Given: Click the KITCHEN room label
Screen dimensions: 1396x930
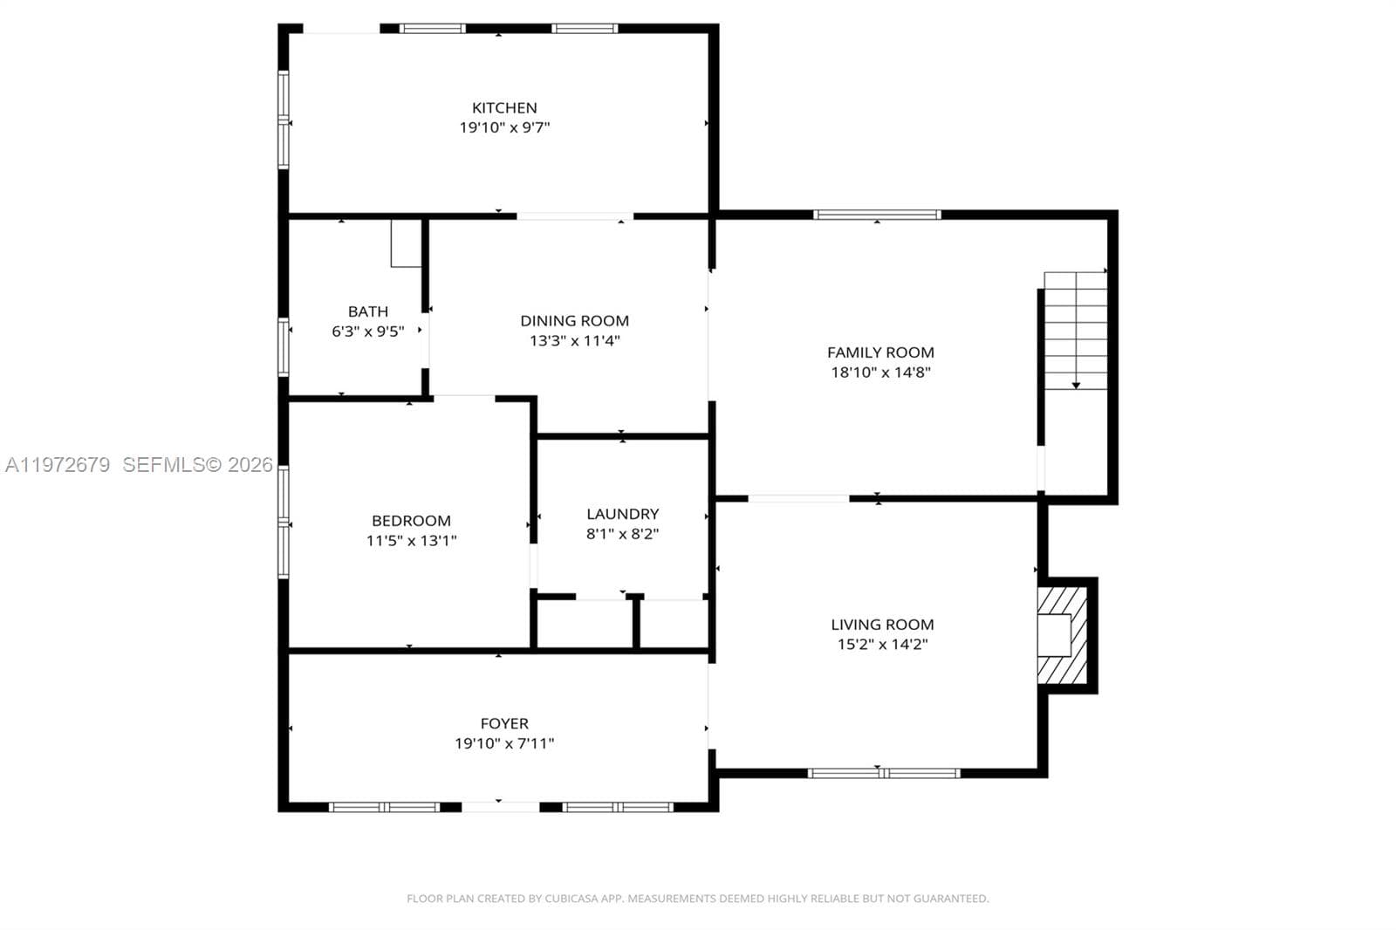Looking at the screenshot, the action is tap(504, 108).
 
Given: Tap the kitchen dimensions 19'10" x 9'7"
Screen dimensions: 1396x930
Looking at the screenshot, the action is tap(505, 127).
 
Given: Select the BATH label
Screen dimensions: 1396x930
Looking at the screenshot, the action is tap(367, 311).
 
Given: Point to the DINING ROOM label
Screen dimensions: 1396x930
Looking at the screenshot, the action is tap(575, 321).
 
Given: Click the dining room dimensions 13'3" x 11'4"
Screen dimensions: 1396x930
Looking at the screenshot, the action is tap(575, 341).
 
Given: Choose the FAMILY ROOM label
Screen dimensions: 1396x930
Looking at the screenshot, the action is tap(880, 352).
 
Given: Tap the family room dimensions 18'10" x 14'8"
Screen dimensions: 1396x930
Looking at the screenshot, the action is tap(880, 373).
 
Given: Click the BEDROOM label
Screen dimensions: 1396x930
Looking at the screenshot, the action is tap(411, 521).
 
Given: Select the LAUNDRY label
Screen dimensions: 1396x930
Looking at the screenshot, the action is tap(623, 514).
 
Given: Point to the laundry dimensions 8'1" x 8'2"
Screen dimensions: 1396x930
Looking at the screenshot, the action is tap(623, 534).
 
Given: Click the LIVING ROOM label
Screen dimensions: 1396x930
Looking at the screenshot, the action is tap(882, 625).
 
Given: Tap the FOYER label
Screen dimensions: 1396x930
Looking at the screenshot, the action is tap(504, 724).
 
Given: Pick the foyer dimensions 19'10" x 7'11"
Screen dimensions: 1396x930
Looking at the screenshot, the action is tap(504, 743).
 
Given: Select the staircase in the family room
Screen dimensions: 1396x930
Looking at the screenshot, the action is tap(1076, 331).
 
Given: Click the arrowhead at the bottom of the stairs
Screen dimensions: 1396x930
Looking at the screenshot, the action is tap(1076, 386).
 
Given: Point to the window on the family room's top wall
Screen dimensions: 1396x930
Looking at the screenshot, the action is tap(877, 215).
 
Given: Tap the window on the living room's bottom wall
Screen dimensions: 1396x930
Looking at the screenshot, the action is tap(884, 774).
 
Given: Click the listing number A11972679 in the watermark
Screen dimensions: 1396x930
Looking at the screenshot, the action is tap(58, 465).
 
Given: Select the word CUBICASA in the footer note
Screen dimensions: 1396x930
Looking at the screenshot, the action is tap(571, 899).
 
